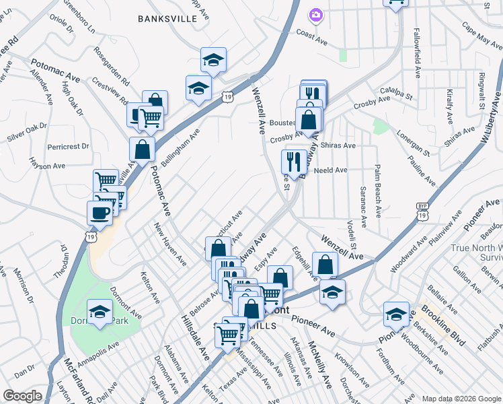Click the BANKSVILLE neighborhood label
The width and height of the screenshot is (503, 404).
167,19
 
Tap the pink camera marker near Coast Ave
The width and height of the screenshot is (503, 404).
315,14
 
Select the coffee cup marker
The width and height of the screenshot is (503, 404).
100,213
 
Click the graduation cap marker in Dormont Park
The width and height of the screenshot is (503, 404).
100,312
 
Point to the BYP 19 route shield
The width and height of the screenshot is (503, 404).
421,211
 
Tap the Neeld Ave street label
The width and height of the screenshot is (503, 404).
330,171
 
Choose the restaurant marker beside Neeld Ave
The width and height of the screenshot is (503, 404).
293,162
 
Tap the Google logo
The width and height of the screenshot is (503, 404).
22,396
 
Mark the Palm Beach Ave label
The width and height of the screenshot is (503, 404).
379,192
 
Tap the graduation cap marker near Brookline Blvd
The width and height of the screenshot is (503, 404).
396,314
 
